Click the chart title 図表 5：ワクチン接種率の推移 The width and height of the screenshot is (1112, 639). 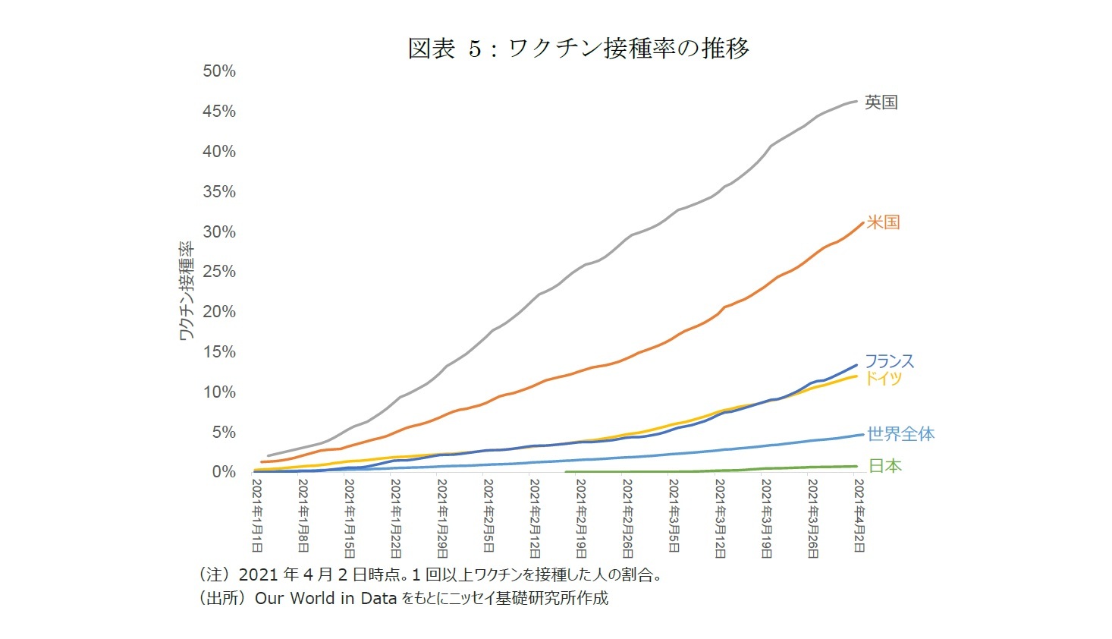point(578,49)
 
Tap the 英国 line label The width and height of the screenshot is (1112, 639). point(881,102)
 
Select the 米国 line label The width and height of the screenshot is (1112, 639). point(883,222)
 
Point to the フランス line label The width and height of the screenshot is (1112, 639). point(889,361)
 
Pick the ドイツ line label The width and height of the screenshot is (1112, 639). point(883,378)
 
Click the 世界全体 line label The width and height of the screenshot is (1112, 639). point(900,434)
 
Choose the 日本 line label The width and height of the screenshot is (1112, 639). point(884,466)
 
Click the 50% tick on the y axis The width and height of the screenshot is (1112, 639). point(219,71)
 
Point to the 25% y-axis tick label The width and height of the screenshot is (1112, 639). point(219,272)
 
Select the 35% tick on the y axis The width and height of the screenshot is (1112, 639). point(219,191)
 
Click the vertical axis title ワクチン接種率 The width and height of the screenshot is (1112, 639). point(186,291)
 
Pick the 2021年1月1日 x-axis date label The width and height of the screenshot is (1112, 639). point(257,516)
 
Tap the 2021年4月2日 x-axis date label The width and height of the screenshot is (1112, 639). point(858,516)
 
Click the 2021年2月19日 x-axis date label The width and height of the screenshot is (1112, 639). point(581,518)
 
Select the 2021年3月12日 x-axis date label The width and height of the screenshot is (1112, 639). point(720,518)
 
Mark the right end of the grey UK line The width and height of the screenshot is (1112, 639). point(856,101)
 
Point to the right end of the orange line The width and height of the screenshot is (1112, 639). point(862,223)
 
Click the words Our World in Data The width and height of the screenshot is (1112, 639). point(325,598)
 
